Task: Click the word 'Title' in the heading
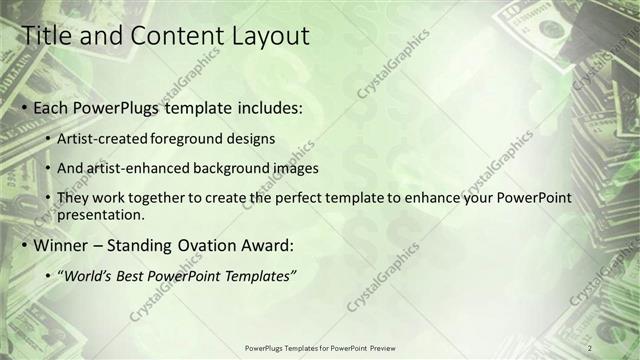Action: click(45, 36)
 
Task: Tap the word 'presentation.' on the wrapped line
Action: click(102, 214)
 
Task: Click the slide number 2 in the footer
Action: click(590, 347)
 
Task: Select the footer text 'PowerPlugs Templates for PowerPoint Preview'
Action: click(320, 348)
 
